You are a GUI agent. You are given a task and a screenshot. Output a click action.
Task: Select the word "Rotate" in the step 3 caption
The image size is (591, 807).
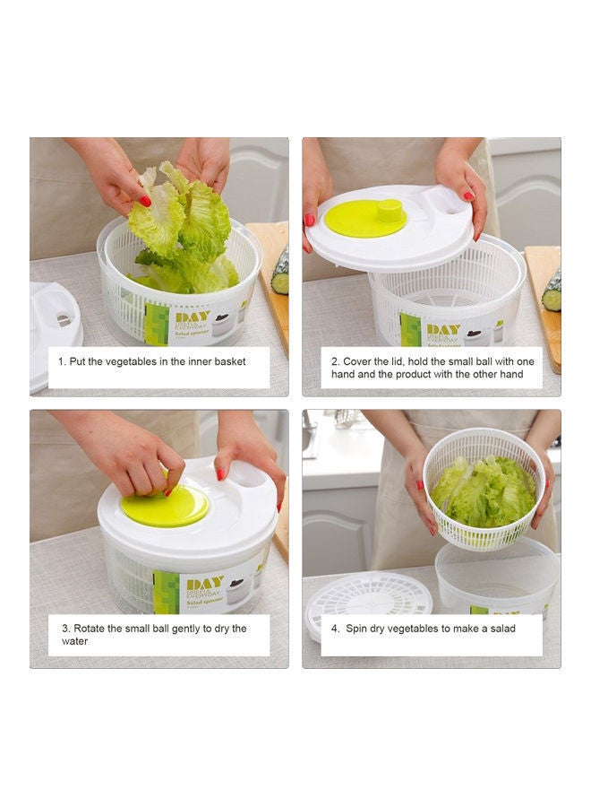90,629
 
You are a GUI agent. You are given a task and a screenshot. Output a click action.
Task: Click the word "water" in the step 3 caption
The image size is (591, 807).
75,641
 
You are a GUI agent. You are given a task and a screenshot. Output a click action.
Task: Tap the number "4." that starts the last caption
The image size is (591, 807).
335,629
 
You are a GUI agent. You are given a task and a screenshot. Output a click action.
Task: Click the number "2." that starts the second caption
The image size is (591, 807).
335,361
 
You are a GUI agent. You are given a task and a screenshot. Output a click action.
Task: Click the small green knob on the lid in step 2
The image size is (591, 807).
390,212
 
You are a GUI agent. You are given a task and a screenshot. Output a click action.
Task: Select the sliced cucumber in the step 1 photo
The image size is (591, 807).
280,271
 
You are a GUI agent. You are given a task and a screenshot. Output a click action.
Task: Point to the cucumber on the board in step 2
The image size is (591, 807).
552,291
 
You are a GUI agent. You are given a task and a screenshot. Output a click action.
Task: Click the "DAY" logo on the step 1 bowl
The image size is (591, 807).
192,317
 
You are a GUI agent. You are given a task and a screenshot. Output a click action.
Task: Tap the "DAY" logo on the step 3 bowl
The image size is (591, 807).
204,584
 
